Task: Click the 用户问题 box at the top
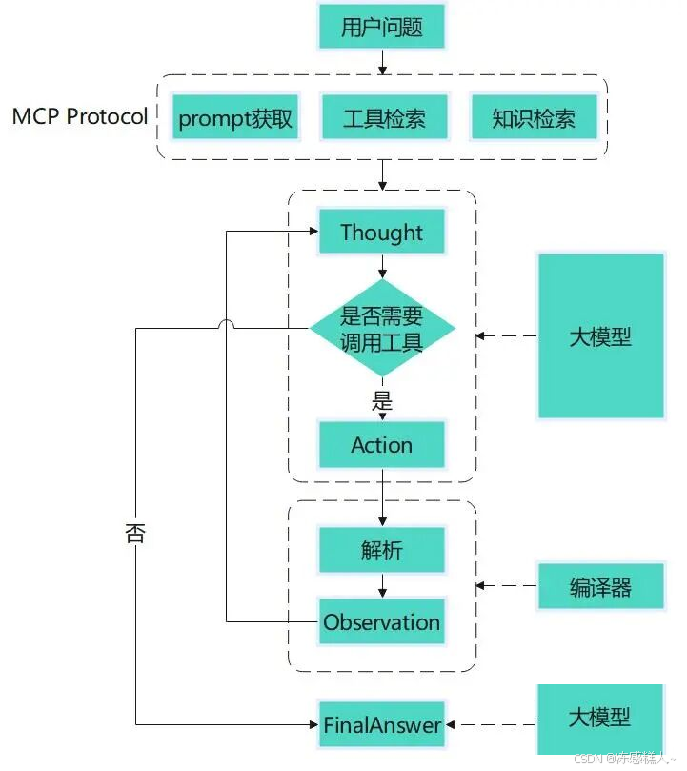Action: pos(381,28)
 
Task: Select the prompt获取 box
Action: pos(235,119)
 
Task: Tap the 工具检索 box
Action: pos(383,119)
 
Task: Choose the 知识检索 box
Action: pos(533,119)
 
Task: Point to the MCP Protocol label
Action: pos(80,116)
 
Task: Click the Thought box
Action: pos(381,232)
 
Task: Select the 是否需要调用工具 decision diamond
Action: pos(381,329)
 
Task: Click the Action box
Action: pos(381,445)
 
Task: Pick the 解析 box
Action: pos(381,551)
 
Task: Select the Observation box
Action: pos(381,622)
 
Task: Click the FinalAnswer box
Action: pos(381,725)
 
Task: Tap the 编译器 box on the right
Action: pos(600,587)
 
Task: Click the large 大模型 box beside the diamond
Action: pos(600,335)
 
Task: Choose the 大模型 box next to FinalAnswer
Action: pos(600,716)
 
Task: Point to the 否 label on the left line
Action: pos(135,533)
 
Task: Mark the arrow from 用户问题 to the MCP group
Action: pos(381,62)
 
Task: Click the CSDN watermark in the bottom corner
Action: pos(625,758)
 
